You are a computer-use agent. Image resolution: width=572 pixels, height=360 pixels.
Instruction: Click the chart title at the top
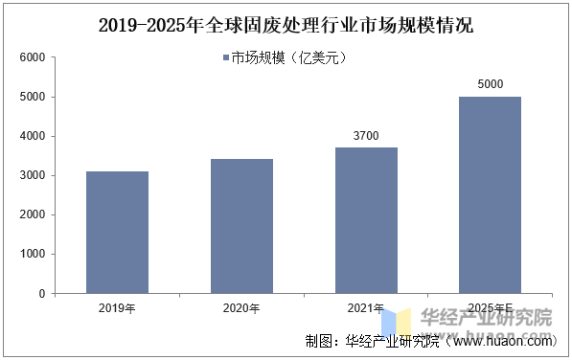click(286, 24)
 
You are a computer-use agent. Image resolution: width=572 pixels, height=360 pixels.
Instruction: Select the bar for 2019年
click(117, 233)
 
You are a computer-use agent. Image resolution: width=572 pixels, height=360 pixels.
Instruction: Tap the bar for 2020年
click(241, 226)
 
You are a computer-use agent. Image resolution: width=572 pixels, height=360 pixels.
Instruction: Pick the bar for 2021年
click(366, 220)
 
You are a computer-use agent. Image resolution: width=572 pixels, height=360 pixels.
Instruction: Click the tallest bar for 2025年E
click(490, 195)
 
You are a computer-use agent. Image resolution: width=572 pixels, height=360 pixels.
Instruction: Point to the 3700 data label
click(366, 137)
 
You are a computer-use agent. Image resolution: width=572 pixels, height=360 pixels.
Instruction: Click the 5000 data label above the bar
click(490, 85)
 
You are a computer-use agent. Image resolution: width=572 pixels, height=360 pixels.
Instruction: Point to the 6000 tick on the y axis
click(33, 57)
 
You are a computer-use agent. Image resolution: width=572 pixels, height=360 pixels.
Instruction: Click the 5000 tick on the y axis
click(33, 97)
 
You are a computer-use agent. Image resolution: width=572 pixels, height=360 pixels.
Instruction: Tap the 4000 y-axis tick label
click(33, 136)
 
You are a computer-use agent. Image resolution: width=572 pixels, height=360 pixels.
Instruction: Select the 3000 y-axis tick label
click(33, 176)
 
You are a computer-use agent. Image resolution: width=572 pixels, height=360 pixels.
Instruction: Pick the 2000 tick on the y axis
click(33, 215)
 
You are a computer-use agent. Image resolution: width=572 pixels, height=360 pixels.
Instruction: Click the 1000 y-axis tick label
click(33, 255)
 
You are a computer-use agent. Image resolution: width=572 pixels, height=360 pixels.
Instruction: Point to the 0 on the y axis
click(41, 294)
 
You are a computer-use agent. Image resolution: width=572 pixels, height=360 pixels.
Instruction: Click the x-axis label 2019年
click(117, 308)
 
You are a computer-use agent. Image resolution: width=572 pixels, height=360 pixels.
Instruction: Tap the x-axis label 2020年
click(241, 308)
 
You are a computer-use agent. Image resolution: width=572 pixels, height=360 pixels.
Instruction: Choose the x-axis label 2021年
click(366, 308)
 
